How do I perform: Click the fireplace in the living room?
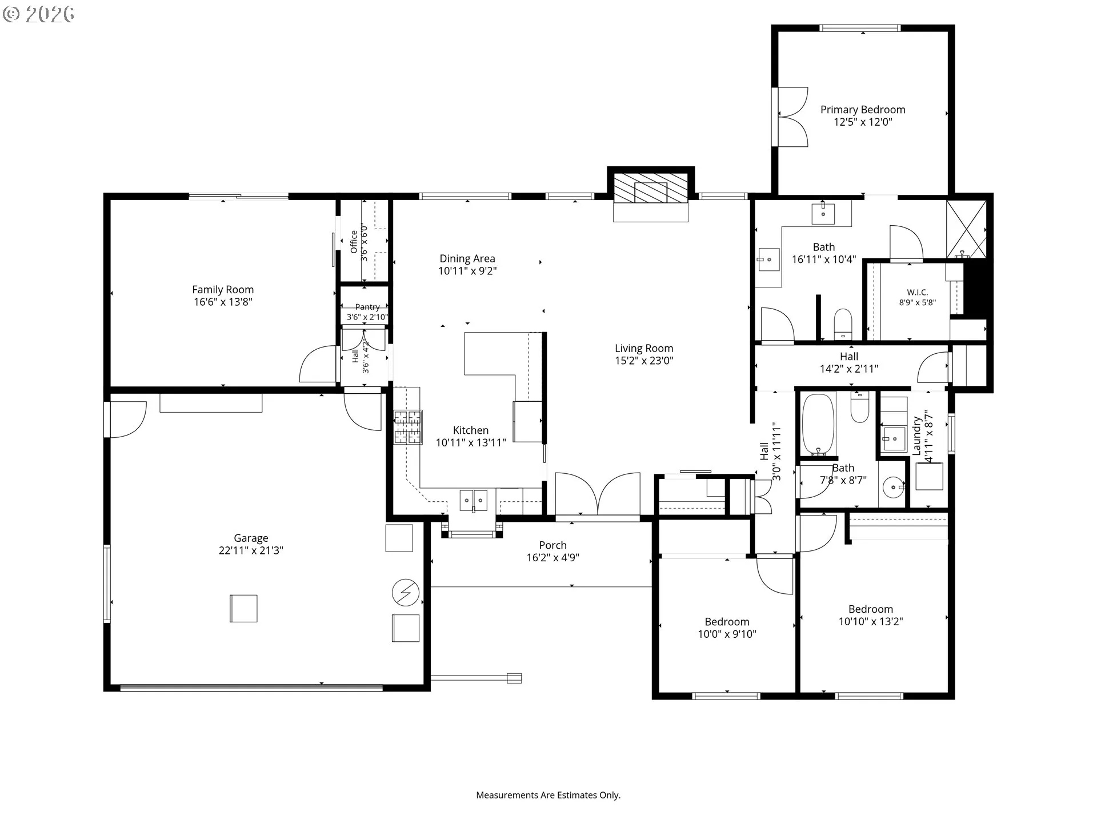tap(650, 188)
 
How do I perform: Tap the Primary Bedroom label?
tap(863, 110)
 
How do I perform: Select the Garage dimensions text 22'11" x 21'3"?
tap(251, 550)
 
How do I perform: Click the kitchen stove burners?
tap(408, 427)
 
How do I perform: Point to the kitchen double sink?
tap(474, 500)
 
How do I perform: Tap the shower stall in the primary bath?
tap(966, 229)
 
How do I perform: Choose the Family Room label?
tap(223, 290)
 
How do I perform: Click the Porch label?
tap(552, 545)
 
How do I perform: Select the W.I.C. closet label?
tap(917, 292)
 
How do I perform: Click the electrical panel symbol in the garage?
tap(406, 593)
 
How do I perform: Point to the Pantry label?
tap(367, 307)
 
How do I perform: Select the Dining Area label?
tap(467, 259)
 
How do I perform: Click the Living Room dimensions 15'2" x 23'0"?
tap(644, 361)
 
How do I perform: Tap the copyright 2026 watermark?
tap(38, 14)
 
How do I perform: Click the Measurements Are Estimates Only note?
tap(548, 795)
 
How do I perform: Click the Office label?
tap(354, 241)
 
